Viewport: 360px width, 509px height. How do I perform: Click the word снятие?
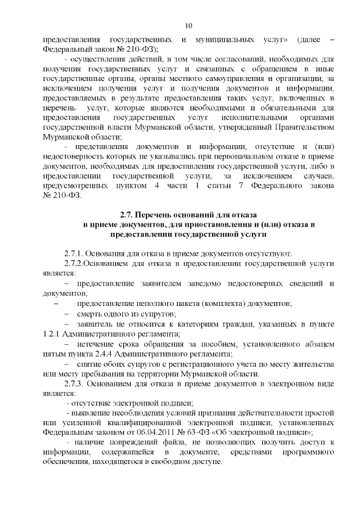click(91, 364)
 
